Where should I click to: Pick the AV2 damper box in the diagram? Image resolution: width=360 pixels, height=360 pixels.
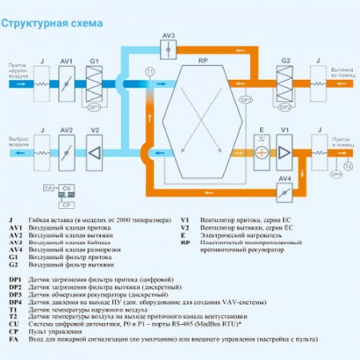(67, 151)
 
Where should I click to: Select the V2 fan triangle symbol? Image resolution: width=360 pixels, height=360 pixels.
(94, 151)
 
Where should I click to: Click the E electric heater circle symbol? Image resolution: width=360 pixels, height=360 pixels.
(261, 151)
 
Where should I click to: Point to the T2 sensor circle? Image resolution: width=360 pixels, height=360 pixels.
(347, 166)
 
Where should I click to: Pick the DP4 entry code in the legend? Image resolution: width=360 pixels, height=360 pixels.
(14, 304)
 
